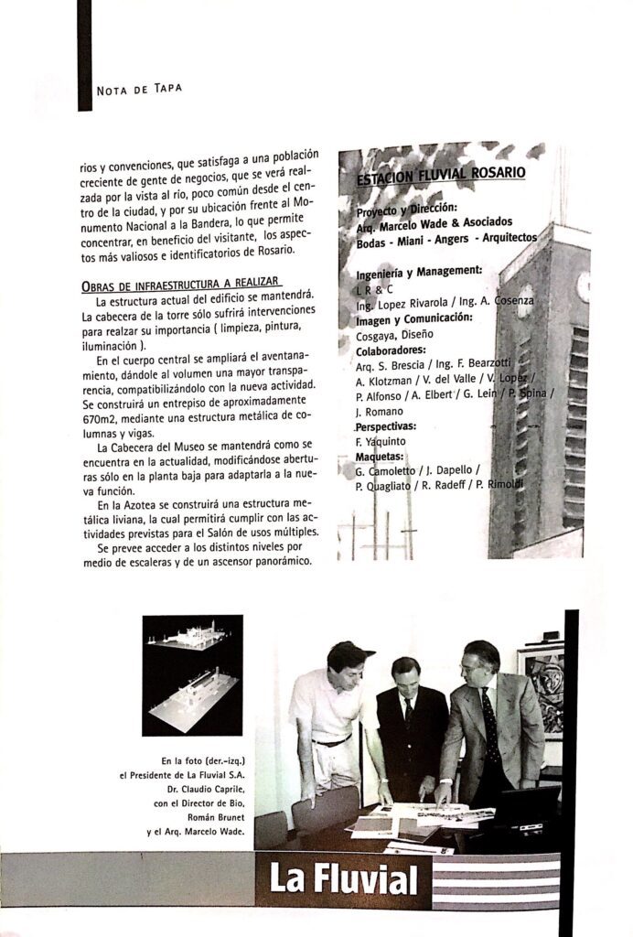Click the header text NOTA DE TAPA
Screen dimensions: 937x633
click(x=139, y=89)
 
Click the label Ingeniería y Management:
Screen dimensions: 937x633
click(x=418, y=271)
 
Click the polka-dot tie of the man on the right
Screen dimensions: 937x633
click(x=490, y=723)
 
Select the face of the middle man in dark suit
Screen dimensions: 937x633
click(x=405, y=676)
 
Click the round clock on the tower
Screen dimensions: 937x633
click(x=581, y=286)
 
